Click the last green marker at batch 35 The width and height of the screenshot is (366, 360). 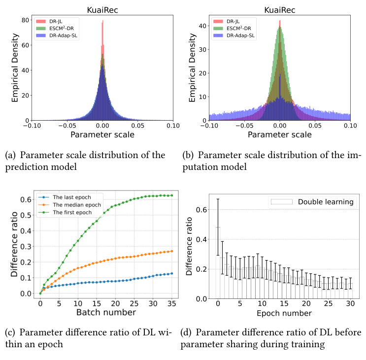point(171,196)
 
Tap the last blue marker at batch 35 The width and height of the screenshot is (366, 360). point(171,273)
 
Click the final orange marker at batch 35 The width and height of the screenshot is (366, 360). point(171,251)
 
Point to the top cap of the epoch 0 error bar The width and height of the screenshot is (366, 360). point(218,199)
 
